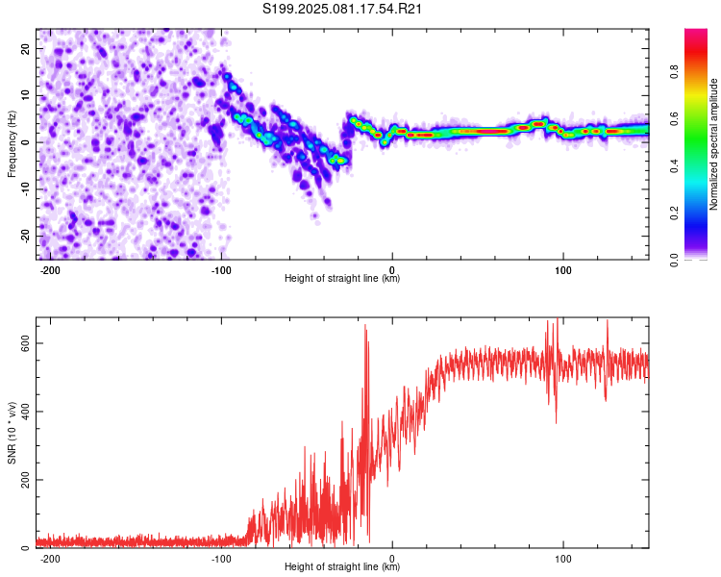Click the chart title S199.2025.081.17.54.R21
point(342,9)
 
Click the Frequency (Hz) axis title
point(12,144)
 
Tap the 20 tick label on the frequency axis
point(25,48)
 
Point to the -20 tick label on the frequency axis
point(25,237)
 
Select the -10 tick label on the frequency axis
point(25,189)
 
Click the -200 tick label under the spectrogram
point(50,270)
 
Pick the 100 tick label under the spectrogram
point(562,270)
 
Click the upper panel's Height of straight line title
point(342,278)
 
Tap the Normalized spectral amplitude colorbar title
point(713,144)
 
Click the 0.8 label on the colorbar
point(674,72)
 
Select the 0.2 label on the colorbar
point(674,213)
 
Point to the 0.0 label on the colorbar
point(674,260)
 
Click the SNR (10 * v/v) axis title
point(12,433)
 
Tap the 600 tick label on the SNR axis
point(25,343)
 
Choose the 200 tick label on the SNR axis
point(25,480)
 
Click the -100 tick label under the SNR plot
point(221,559)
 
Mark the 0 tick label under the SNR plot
point(392,559)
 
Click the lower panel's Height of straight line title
point(342,566)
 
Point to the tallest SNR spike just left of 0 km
point(366,326)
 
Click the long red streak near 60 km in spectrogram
point(491,131)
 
